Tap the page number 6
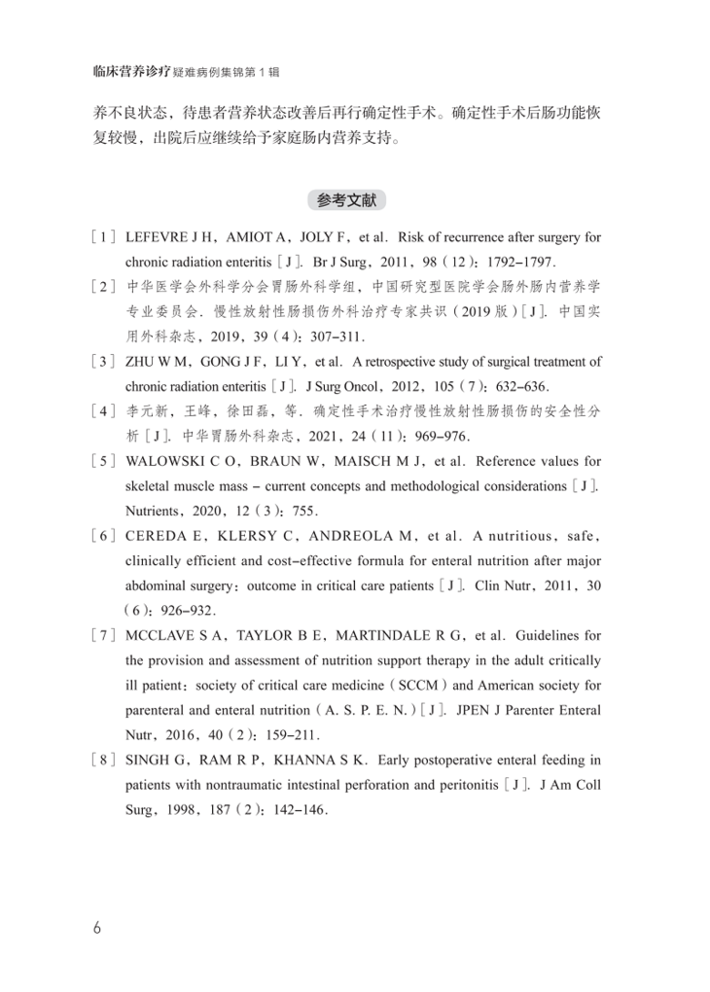(96, 927)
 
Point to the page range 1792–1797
(541, 263)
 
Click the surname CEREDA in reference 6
(156, 536)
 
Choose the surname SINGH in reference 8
(147, 760)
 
